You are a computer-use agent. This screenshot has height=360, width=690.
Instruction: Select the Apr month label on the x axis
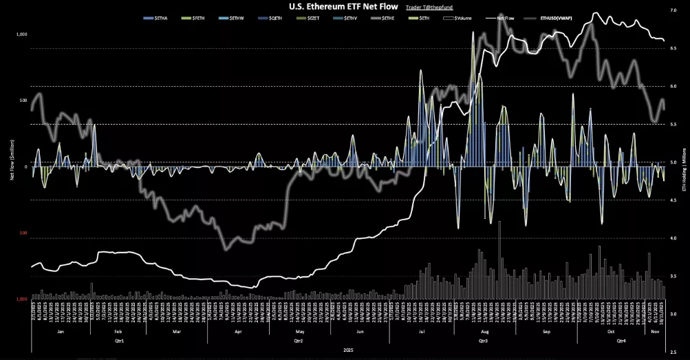coord(238,331)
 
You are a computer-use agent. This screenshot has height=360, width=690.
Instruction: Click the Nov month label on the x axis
coord(654,331)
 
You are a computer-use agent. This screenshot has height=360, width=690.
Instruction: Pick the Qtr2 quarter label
coord(299,341)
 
